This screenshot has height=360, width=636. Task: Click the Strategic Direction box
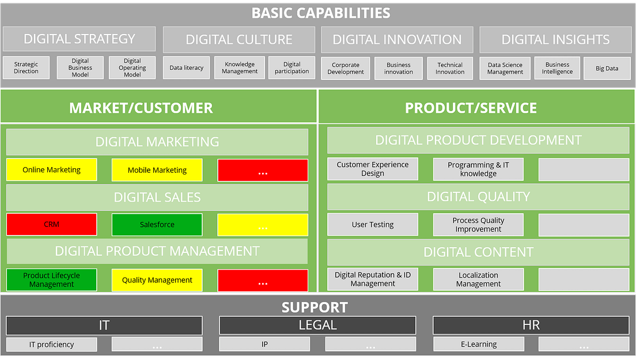[26, 67]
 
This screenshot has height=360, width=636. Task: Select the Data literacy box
[187, 67]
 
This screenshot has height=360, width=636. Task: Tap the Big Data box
[607, 68]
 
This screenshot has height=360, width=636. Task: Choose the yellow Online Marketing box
[52, 170]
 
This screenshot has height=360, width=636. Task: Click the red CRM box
[52, 225]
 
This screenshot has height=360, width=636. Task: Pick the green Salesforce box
[157, 225]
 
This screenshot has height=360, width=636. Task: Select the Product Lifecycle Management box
[52, 280]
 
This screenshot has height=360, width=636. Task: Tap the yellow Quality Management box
[157, 280]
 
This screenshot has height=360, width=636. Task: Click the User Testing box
[373, 225]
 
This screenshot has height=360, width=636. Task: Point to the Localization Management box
[479, 279]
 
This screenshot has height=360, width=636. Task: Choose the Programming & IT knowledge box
[479, 169]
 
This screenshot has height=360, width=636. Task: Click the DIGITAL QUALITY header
[478, 197]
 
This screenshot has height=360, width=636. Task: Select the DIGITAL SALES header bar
[157, 198]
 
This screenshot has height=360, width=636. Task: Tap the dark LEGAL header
[317, 325]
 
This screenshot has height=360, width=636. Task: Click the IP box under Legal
[264, 344]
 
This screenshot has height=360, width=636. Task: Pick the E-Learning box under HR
[479, 344]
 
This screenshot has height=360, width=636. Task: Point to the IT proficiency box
[52, 344]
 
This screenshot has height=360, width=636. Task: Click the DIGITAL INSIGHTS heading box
[555, 39]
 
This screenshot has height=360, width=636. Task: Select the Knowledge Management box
[240, 67]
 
